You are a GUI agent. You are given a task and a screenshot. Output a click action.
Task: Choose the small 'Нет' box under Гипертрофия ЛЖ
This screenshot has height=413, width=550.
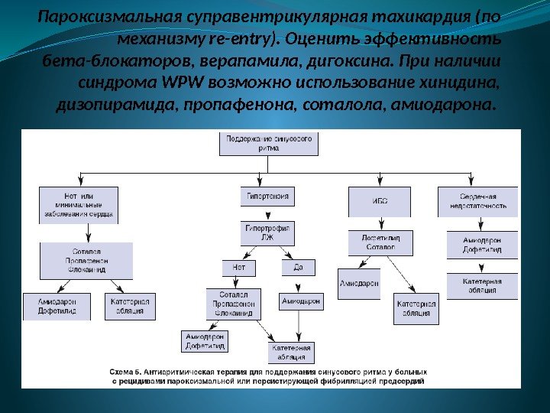[238, 268]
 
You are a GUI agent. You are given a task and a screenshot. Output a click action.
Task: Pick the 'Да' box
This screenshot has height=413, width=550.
[297, 268]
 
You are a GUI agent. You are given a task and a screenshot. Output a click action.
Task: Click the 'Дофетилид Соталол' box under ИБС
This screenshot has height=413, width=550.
[380, 243]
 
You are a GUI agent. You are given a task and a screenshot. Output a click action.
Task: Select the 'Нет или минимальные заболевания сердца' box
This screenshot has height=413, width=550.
[78, 204]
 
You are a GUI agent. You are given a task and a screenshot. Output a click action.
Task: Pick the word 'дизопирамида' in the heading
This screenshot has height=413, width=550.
[113, 102]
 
